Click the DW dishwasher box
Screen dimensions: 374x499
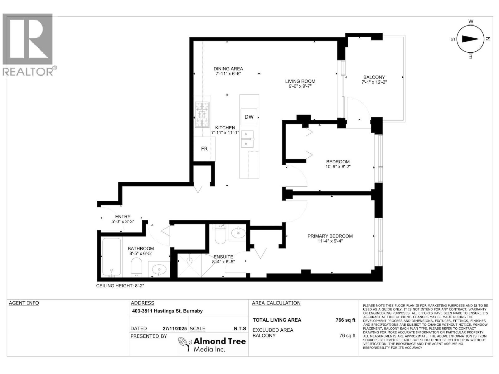pos(249,117)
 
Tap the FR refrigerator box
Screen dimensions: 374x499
pos(204,149)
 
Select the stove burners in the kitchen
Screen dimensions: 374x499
pos(202,115)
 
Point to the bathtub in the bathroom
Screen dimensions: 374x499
pos(111,257)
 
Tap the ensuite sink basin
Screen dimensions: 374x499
pos(238,233)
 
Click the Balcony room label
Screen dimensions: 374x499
pos(374,77)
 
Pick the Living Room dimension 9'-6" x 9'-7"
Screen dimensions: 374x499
pos(300,86)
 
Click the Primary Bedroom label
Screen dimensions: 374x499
pos(330,236)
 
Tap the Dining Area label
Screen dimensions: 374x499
pos(228,69)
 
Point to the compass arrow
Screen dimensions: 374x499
pos(470,39)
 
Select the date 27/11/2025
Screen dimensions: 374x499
pos(174,328)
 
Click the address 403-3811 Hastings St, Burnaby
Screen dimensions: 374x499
pos(167,311)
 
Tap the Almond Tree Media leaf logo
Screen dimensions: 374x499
pos(184,344)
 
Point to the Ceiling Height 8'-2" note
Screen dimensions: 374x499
pos(120,285)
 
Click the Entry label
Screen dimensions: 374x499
pos(123,217)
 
